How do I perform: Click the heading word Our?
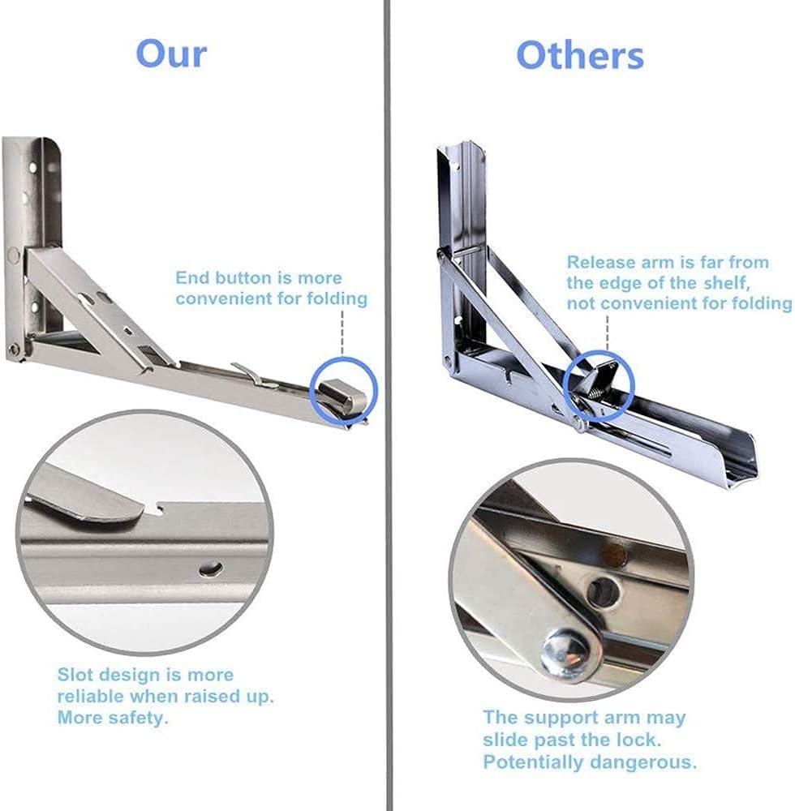click(171, 54)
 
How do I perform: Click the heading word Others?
click(580, 55)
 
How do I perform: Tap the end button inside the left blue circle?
click(338, 394)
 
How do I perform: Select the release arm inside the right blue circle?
click(602, 378)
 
